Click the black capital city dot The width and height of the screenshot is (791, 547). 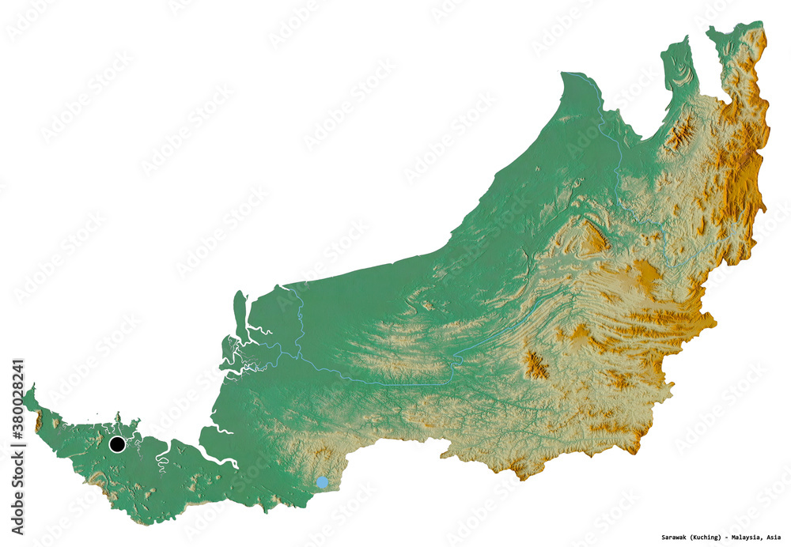pyautogui.click(x=117, y=445)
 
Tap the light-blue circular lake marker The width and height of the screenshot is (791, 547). pyautogui.click(x=322, y=482)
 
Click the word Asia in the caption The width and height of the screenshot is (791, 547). pyautogui.click(x=773, y=538)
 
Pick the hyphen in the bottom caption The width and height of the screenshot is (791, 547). pyautogui.click(x=725, y=538)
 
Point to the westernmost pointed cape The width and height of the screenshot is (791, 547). pyautogui.click(x=25, y=390)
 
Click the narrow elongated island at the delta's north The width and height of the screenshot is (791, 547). pyautogui.click(x=240, y=308)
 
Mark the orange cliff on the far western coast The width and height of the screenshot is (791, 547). pyautogui.click(x=38, y=421)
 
